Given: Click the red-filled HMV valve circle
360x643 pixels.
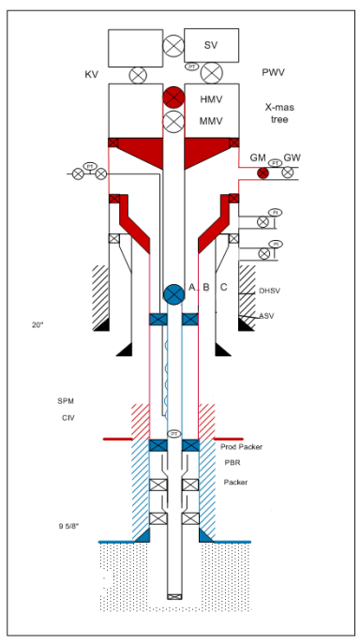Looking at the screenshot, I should click(x=173, y=97).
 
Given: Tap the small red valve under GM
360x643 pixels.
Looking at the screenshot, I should click(x=263, y=172).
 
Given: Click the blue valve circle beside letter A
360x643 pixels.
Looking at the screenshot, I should click(x=173, y=293).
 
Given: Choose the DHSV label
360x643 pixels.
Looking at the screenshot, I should click(x=269, y=292).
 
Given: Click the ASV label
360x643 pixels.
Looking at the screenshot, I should click(x=267, y=316).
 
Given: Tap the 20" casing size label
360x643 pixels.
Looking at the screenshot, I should click(x=37, y=324).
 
